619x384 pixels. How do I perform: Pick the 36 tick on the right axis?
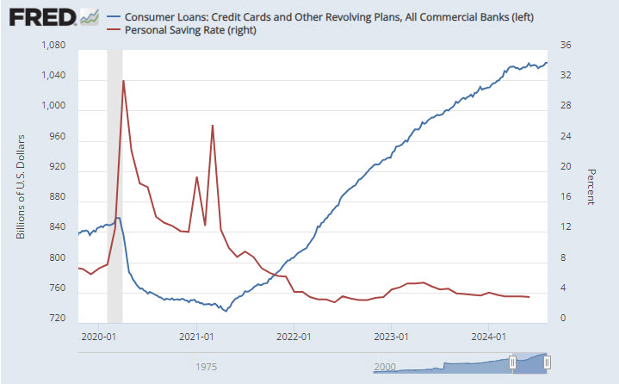coord(566,46)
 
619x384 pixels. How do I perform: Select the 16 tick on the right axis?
coord(566,198)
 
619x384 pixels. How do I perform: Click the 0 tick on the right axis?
coord(564,319)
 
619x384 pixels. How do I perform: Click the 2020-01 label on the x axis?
coord(98,337)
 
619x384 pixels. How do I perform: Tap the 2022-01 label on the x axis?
coord(294,337)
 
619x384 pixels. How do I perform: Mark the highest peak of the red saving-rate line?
coord(123,81)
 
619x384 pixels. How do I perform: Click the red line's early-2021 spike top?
coord(212,126)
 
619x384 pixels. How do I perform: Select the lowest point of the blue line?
coord(226,311)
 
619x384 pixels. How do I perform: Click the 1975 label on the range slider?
coord(205,367)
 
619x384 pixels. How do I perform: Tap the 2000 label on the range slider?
coord(387,367)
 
